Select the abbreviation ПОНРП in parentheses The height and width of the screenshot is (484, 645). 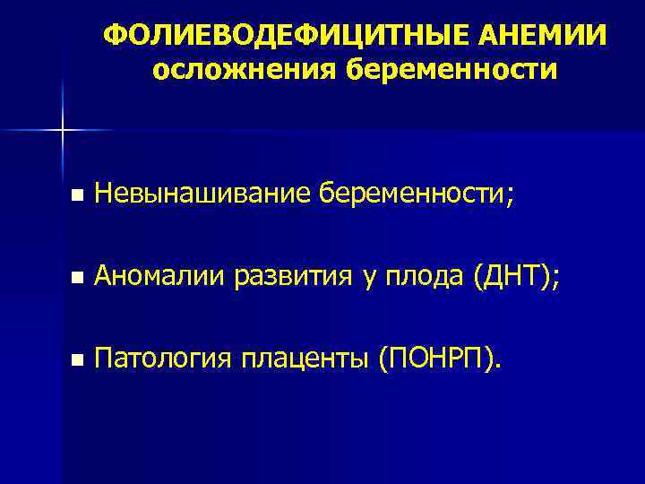click(436, 360)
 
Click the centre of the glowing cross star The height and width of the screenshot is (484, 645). click(62, 131)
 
